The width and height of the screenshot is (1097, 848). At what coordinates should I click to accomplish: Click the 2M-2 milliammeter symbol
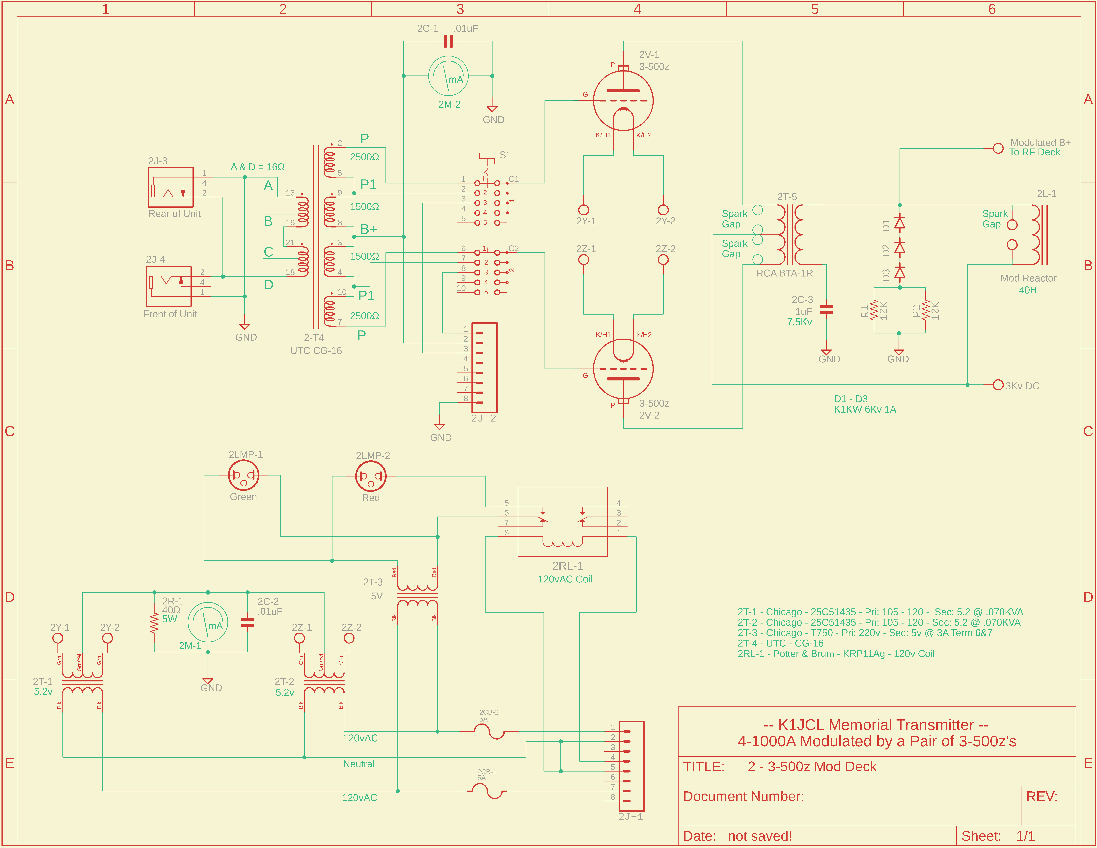(448, 76)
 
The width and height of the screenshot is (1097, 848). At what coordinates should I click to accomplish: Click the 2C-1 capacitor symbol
(448, 41)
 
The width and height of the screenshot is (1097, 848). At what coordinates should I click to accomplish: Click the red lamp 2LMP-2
(371, 476)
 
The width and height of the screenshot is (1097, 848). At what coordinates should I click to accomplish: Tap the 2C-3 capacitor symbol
(826, 309)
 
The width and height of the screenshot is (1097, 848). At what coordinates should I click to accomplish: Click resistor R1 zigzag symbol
(875, 310)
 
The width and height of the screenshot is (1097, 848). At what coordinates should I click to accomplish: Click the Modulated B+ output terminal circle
(998, 149)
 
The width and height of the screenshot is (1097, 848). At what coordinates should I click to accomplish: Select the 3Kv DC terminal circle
(998, 385)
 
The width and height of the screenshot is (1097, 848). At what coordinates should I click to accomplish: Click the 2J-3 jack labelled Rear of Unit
(171, 187)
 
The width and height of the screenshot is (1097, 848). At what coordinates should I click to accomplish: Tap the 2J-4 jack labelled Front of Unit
(169, 286)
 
